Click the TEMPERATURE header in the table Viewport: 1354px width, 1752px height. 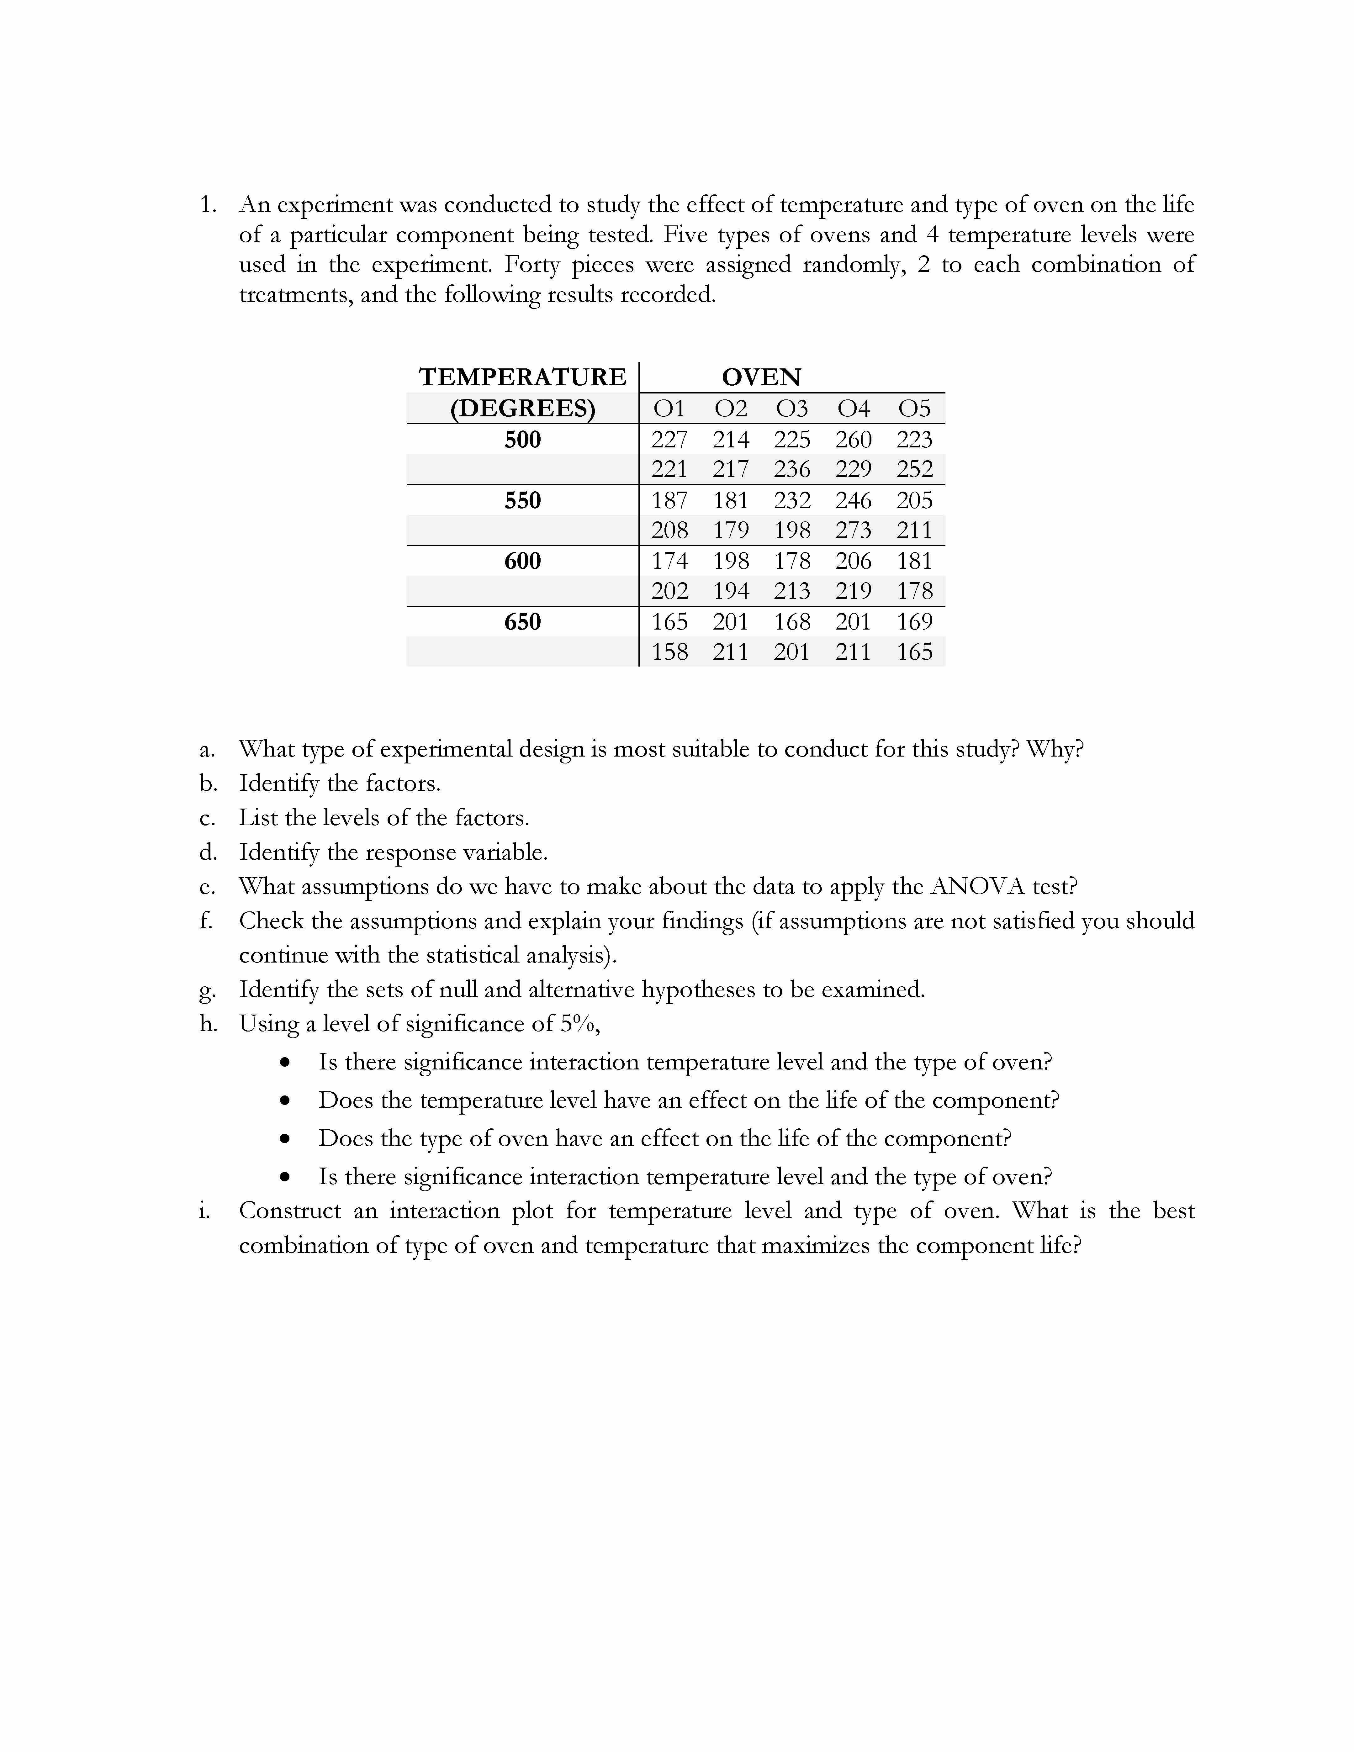(x=522, y=377)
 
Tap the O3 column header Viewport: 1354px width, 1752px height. (x=792, y=409)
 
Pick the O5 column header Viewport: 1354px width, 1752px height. (x=914, y=409)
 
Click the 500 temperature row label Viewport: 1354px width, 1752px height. (x=522, y=440)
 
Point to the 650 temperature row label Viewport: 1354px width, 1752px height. (x=522, y=622)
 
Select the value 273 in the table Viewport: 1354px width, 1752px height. (x=853, y=530)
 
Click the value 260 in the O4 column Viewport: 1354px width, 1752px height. (x=853, y=440)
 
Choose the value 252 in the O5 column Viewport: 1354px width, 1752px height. (x=914, y=469)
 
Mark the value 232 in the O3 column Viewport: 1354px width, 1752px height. (x=792, y=501)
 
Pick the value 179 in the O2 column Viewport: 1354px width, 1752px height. (x=730, y=530)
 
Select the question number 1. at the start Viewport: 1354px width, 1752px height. (x=208, y=205)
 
